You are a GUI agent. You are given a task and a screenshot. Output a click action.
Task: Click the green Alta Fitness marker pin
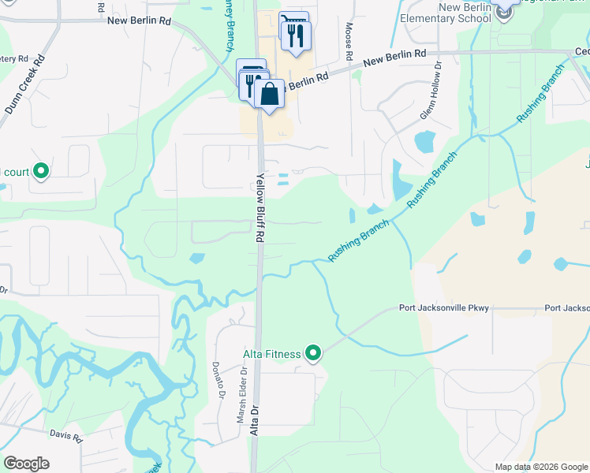point(314,353)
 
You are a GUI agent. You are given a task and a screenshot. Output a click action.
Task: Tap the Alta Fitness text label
point(271,355)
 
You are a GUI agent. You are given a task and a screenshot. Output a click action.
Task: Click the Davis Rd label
point(66,435)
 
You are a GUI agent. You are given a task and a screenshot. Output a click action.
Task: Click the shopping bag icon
point(269,94)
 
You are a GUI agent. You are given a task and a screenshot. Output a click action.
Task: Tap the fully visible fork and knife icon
point(297,35)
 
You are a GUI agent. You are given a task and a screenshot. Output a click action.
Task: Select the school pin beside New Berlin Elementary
point(503,6)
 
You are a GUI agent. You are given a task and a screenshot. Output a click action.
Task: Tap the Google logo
point(26,464)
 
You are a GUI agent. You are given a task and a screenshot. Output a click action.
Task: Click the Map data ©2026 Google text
point(541,467)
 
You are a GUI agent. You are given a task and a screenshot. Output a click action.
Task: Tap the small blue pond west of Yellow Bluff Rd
point(196,258)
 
